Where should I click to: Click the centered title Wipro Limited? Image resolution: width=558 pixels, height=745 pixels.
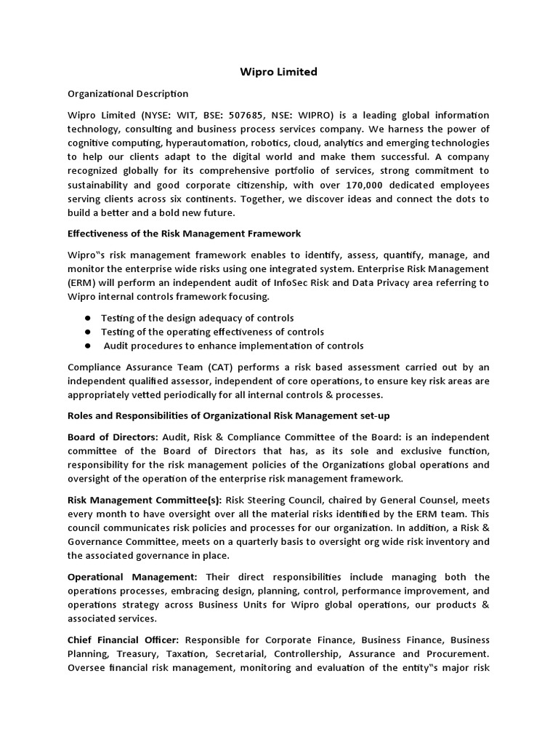click(x=279, y=72)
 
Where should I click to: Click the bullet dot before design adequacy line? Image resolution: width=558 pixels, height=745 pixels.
click(x=87, y=319)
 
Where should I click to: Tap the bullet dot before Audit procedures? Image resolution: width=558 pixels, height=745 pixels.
click(x=87, y=346)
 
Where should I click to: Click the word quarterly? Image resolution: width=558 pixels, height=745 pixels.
click(x=291, y=541)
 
